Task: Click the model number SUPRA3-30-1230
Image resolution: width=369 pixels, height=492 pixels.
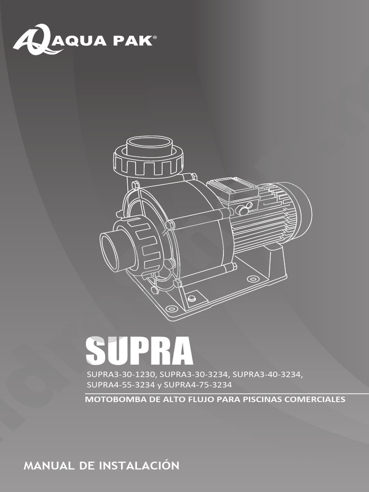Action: (x=121, y=374)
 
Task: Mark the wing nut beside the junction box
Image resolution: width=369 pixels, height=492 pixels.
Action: (x=243, y=209)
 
